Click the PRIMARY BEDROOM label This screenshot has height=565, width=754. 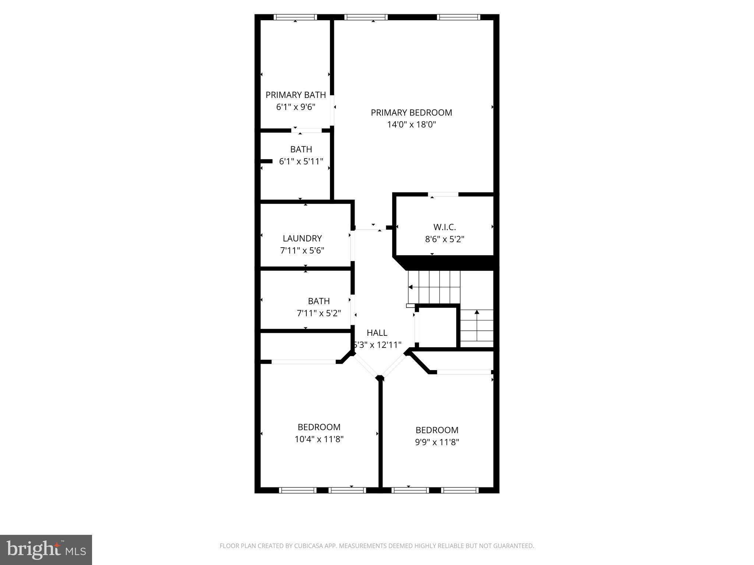click(411, 113)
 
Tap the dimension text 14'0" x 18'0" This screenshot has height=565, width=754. click(411, 125)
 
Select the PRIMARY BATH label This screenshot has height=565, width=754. click(296, 95)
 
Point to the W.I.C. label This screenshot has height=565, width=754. click(444, 227)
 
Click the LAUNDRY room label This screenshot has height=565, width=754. click(302, 238)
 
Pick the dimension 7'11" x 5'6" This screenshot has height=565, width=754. click(302, 250)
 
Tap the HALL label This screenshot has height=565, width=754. click(377, 333)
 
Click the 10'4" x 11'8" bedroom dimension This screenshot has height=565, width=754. click(319, 439)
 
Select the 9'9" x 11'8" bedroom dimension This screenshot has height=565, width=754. click(437, 442)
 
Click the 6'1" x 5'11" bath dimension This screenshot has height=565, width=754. click(301, 161)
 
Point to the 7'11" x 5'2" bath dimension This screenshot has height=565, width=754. click(319, 313)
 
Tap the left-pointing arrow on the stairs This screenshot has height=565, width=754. click(411, 287)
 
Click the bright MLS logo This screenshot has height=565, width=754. click(46, 550)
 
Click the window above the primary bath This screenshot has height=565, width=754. click(295, 17)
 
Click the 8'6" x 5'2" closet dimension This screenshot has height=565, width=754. click(444, 239)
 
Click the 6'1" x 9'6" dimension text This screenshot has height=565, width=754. click(296, 107)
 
